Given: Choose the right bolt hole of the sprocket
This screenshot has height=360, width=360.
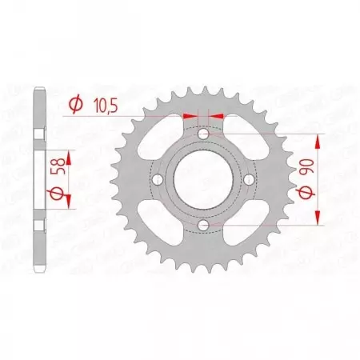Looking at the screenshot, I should point(251,180).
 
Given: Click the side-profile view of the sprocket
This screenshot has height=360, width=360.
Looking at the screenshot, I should point(38,180).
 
